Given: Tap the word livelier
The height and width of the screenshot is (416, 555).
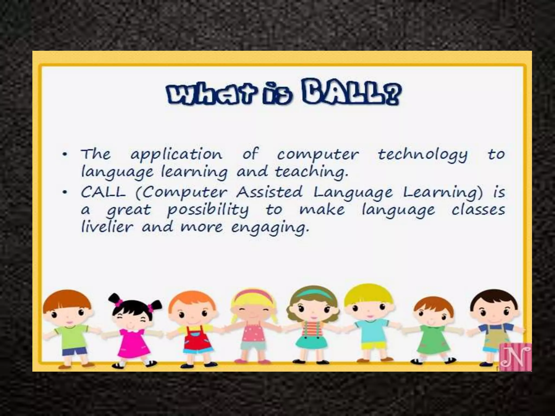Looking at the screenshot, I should (107, 227).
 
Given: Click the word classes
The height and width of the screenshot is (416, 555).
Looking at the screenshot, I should (478, 210).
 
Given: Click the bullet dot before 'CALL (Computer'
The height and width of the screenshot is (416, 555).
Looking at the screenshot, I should (64, 193).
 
